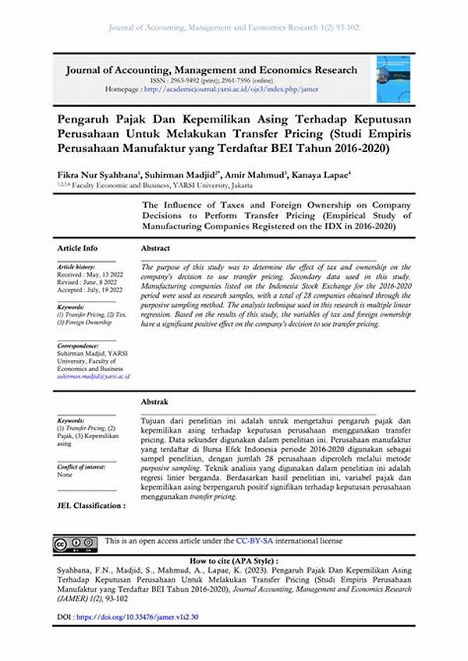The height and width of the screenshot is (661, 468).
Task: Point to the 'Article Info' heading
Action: [x=77, y=247]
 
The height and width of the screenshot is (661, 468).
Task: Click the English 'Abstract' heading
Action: [x=155, y=247]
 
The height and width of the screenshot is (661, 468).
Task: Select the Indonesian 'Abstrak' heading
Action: [x=154, y=401]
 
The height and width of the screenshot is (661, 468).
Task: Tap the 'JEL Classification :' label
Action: [x=91, y=505]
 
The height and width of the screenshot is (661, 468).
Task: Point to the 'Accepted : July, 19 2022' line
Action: [x=89, y=290]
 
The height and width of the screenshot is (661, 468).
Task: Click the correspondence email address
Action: [x=93, y=376]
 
